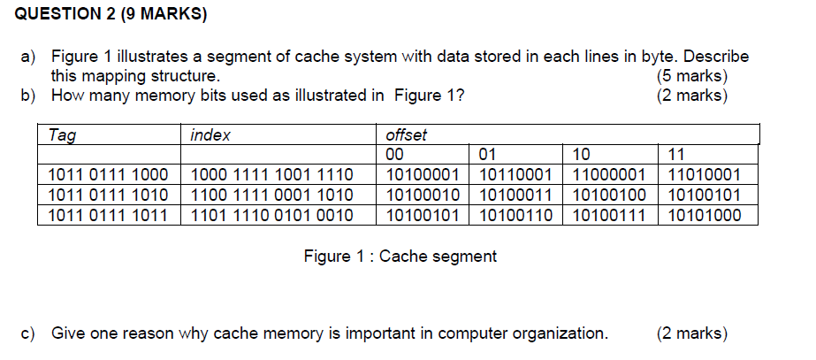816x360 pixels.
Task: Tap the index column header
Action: click(x=210, y=135)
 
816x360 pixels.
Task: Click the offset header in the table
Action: click(x=407, y=135)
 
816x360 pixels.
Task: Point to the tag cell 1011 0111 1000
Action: click(x=108, y=175)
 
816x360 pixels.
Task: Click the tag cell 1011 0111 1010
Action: click(x=108, y=195)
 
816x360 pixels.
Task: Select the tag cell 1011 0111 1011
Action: click(x=108, y=214)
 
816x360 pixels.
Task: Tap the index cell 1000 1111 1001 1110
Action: click(x=272, y=175)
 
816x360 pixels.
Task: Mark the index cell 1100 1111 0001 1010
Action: click(x=272, y=195)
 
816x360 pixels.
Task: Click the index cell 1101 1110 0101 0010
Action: click(x=272, y=214)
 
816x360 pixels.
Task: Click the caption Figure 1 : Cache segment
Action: click(x=400, y=257)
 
